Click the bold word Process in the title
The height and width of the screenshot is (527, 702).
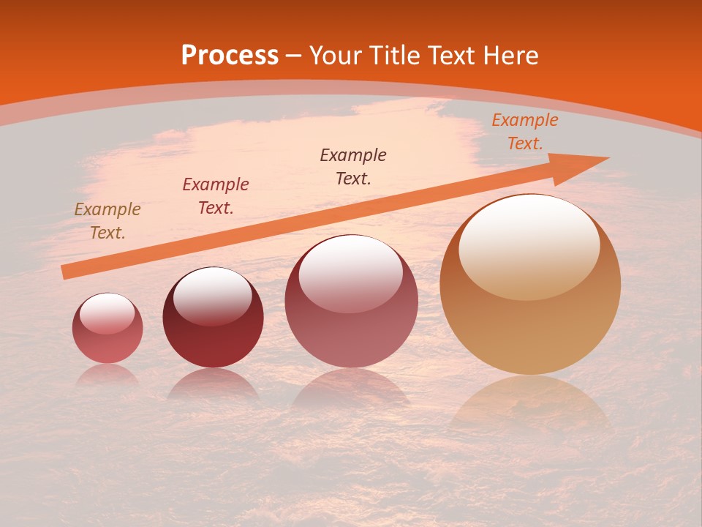[230, 56]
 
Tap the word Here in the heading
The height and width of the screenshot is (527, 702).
[509, 56]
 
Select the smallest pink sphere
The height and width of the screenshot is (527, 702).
[107, 329]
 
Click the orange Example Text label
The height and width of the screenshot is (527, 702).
[525, 132]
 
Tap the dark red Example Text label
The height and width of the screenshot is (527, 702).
[216, 196]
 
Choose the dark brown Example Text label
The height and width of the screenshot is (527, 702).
[353, 166]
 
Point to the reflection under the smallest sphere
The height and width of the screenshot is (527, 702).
[107, 375]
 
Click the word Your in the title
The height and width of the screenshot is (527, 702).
[335, 56]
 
